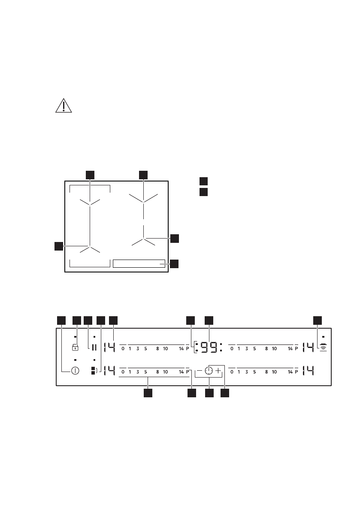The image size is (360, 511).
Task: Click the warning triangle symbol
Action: [x=64, y=106]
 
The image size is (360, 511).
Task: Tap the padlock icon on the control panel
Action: [x=75, y=347]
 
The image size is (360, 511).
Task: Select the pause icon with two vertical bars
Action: [x=94, y=348]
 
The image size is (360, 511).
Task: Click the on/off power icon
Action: [x=75, y=371]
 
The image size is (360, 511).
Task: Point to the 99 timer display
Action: [x=209, y=348]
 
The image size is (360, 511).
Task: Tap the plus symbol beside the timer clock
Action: [x=218, y=371]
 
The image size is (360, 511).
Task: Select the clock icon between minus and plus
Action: [x=209, y=371]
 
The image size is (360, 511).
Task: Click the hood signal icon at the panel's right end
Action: [x=323, y=347]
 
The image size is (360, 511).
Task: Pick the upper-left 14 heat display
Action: [x=109, y=348]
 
